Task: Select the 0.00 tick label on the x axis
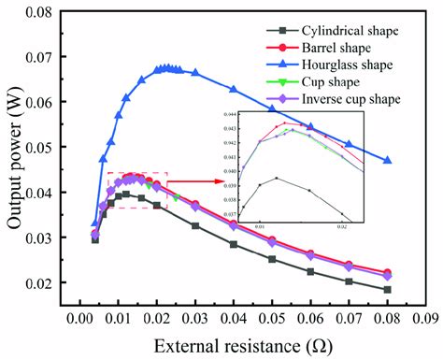click(79, 317)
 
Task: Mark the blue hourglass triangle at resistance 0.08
click(388, 160)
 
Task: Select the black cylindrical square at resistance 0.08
click(388, 290)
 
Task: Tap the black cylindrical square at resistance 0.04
click(234, 245)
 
